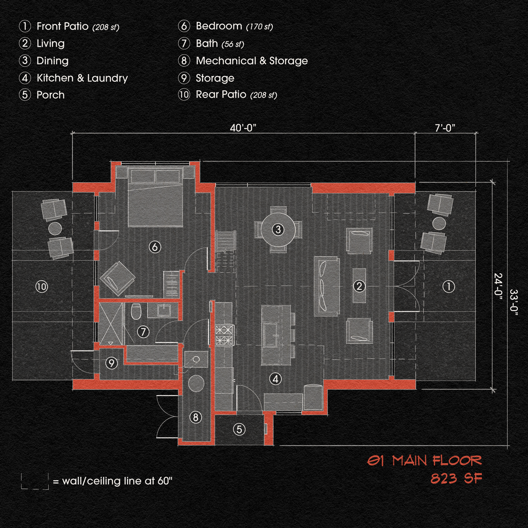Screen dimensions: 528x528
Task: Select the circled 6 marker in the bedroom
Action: pos(155,247)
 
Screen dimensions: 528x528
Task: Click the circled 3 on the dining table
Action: pos(278,229)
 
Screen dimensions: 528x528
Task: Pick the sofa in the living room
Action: pos(327,286)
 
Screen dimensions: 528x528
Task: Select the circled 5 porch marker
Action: pos(239,429)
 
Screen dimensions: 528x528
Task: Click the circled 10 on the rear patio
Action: pos(42,287)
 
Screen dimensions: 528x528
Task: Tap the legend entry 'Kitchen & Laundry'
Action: pos(82,78)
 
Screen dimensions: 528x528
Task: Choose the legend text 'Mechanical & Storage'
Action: pos(252,61)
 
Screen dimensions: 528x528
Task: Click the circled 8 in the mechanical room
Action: pos(196,417)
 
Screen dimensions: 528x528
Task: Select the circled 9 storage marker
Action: pos(112,363)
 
